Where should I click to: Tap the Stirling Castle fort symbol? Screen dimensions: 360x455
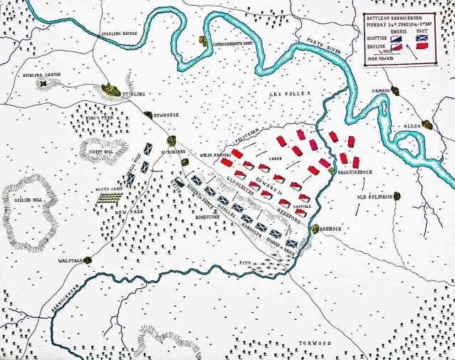[x=43, y=85]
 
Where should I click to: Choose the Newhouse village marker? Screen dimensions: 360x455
[x=148, y=115]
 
